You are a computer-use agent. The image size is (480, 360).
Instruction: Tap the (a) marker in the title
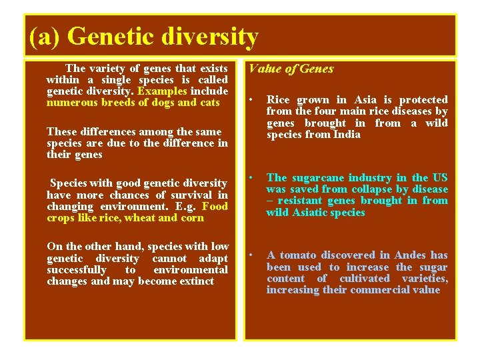45,37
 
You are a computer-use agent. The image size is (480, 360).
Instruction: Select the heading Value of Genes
291,69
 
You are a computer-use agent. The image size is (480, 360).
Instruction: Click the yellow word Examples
162,91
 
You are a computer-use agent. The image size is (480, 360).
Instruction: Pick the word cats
209,103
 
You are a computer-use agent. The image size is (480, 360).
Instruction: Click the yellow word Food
215,206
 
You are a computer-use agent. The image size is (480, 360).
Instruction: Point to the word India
346,135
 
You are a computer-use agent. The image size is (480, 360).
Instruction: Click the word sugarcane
317,178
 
